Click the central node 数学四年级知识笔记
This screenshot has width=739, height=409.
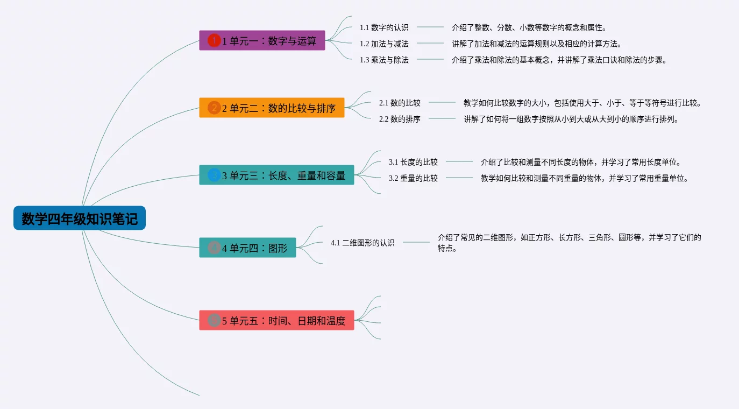(80, 218)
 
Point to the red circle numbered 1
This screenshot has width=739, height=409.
(214, 40)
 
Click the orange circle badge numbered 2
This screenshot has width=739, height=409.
(214, 108)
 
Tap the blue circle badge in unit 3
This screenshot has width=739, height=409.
(214, 175)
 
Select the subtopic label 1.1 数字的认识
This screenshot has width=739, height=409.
(384, 27)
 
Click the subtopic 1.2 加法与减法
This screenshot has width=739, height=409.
(384, 44)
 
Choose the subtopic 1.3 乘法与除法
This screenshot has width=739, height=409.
(384, 60)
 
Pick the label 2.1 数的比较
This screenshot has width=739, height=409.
(400, 103)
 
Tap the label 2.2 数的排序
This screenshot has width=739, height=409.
(400, 119)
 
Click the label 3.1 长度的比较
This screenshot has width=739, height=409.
(413, 162)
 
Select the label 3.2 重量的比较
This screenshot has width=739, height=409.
(413, 178)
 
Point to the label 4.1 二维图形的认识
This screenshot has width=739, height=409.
(363, 243)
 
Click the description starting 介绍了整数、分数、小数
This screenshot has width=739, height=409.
(529, 27)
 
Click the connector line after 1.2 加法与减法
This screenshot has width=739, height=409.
(430, 43)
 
